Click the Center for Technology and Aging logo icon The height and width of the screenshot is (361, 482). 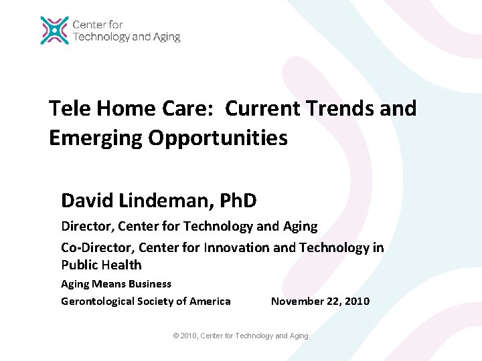(54, 31)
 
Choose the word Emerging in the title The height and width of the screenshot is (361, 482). (96, 138)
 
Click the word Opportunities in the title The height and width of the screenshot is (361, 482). (218, 138)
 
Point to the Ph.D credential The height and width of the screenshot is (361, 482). (232, 200)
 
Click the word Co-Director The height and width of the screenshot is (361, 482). (93, 248)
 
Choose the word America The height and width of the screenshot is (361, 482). (210, 302)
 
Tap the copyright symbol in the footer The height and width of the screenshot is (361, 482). (176, 336)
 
